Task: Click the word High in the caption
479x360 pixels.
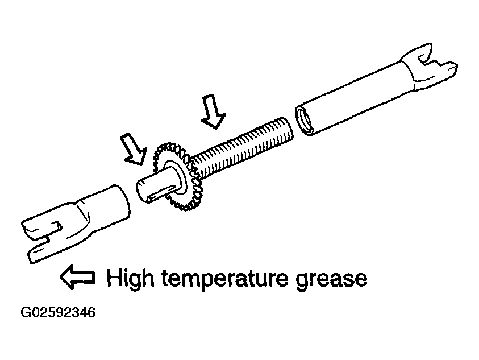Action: click(131, 278)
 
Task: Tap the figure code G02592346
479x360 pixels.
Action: click(58, 313)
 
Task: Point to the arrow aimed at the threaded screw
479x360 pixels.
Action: click(214, 111)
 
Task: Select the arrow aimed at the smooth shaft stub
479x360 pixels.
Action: click(134, 149)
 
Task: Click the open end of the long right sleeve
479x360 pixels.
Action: click(304, 120)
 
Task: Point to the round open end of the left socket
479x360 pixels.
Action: click(122, 201)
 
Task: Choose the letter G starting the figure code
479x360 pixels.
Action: click(25, 313)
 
